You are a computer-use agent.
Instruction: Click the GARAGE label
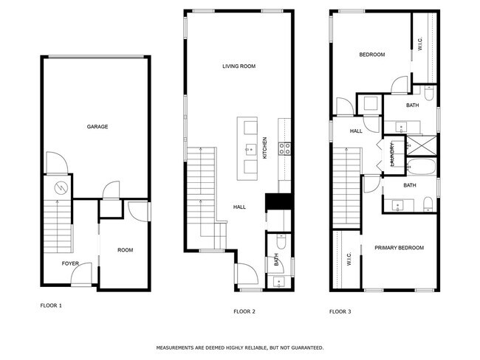pyautogui.click(x=97, y=127)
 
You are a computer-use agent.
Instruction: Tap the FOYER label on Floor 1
pyautogui.click(x=70, y=263)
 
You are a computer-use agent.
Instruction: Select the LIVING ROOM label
pyautogui.click(x=239, y=66)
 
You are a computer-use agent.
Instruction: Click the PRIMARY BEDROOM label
pyautogui.click(x=399, y=248)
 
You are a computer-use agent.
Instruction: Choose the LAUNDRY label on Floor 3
pyautogui.click(x=391, y=155)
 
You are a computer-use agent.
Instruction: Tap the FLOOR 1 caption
pyautogui.click(x=50, y=304)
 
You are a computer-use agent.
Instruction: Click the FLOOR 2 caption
pyautogui.click(x=244, y=312)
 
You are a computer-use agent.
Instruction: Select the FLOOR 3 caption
pyautogui.click(x=340, y=312)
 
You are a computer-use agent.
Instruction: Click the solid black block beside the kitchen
pyautogui.click(x=278, y=202)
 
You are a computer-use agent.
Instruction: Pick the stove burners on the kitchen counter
pyautogui.click(x=284, y=150)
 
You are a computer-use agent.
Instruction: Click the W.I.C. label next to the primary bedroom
pyautogui.click(x=348, y=259)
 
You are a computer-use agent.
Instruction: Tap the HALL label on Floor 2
pyautogui.click(x=239, y=207)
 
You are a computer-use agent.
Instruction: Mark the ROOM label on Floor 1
pyautogui.click(x=125, y=250)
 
